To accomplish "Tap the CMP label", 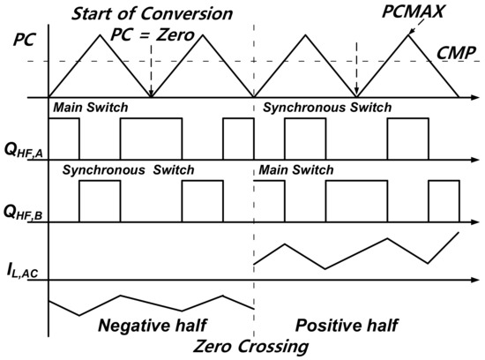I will point(457,52).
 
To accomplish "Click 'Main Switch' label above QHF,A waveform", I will point(90,108).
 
